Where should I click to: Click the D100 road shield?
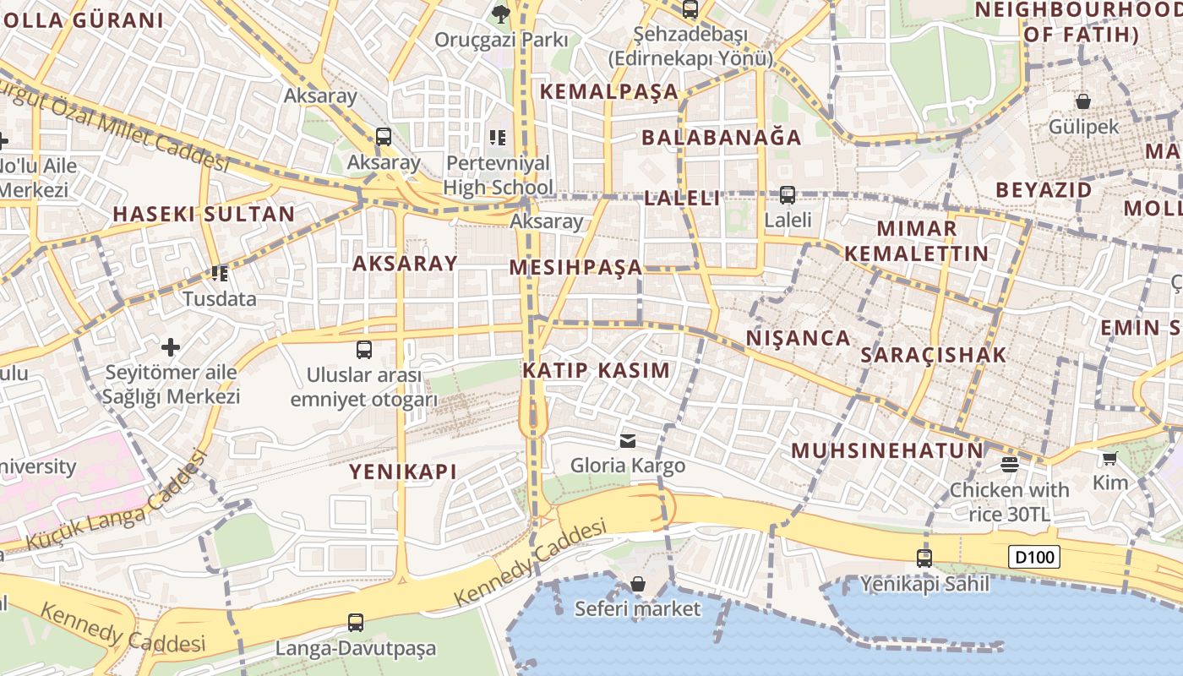point(1033,557)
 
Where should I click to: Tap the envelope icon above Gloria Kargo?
point(628,440)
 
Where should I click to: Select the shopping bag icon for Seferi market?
point(638,584)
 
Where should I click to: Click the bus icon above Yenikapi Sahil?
point(924,558)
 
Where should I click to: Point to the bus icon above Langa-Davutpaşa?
point(356,623)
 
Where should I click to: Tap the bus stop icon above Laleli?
point(788,194)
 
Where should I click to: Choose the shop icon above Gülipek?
point(1083,101)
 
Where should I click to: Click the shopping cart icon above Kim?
point(1110,458)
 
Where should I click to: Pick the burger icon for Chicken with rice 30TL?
point(1009,464)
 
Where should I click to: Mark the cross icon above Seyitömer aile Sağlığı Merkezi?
point(172,346)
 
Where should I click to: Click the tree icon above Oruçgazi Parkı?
point(501,13)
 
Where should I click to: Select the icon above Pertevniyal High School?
point(498,137)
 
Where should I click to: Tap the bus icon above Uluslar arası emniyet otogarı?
point(364,349)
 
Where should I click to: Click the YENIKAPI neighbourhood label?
point(403,472)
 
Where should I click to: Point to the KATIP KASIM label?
point(596,370)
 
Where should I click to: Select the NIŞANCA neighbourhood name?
point(798,338)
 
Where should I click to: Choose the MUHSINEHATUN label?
point(887,450)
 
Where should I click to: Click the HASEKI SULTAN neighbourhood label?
point(204,214)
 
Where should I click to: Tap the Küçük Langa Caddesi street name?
point(117,500)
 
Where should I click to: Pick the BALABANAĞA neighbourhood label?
point(721,137)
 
